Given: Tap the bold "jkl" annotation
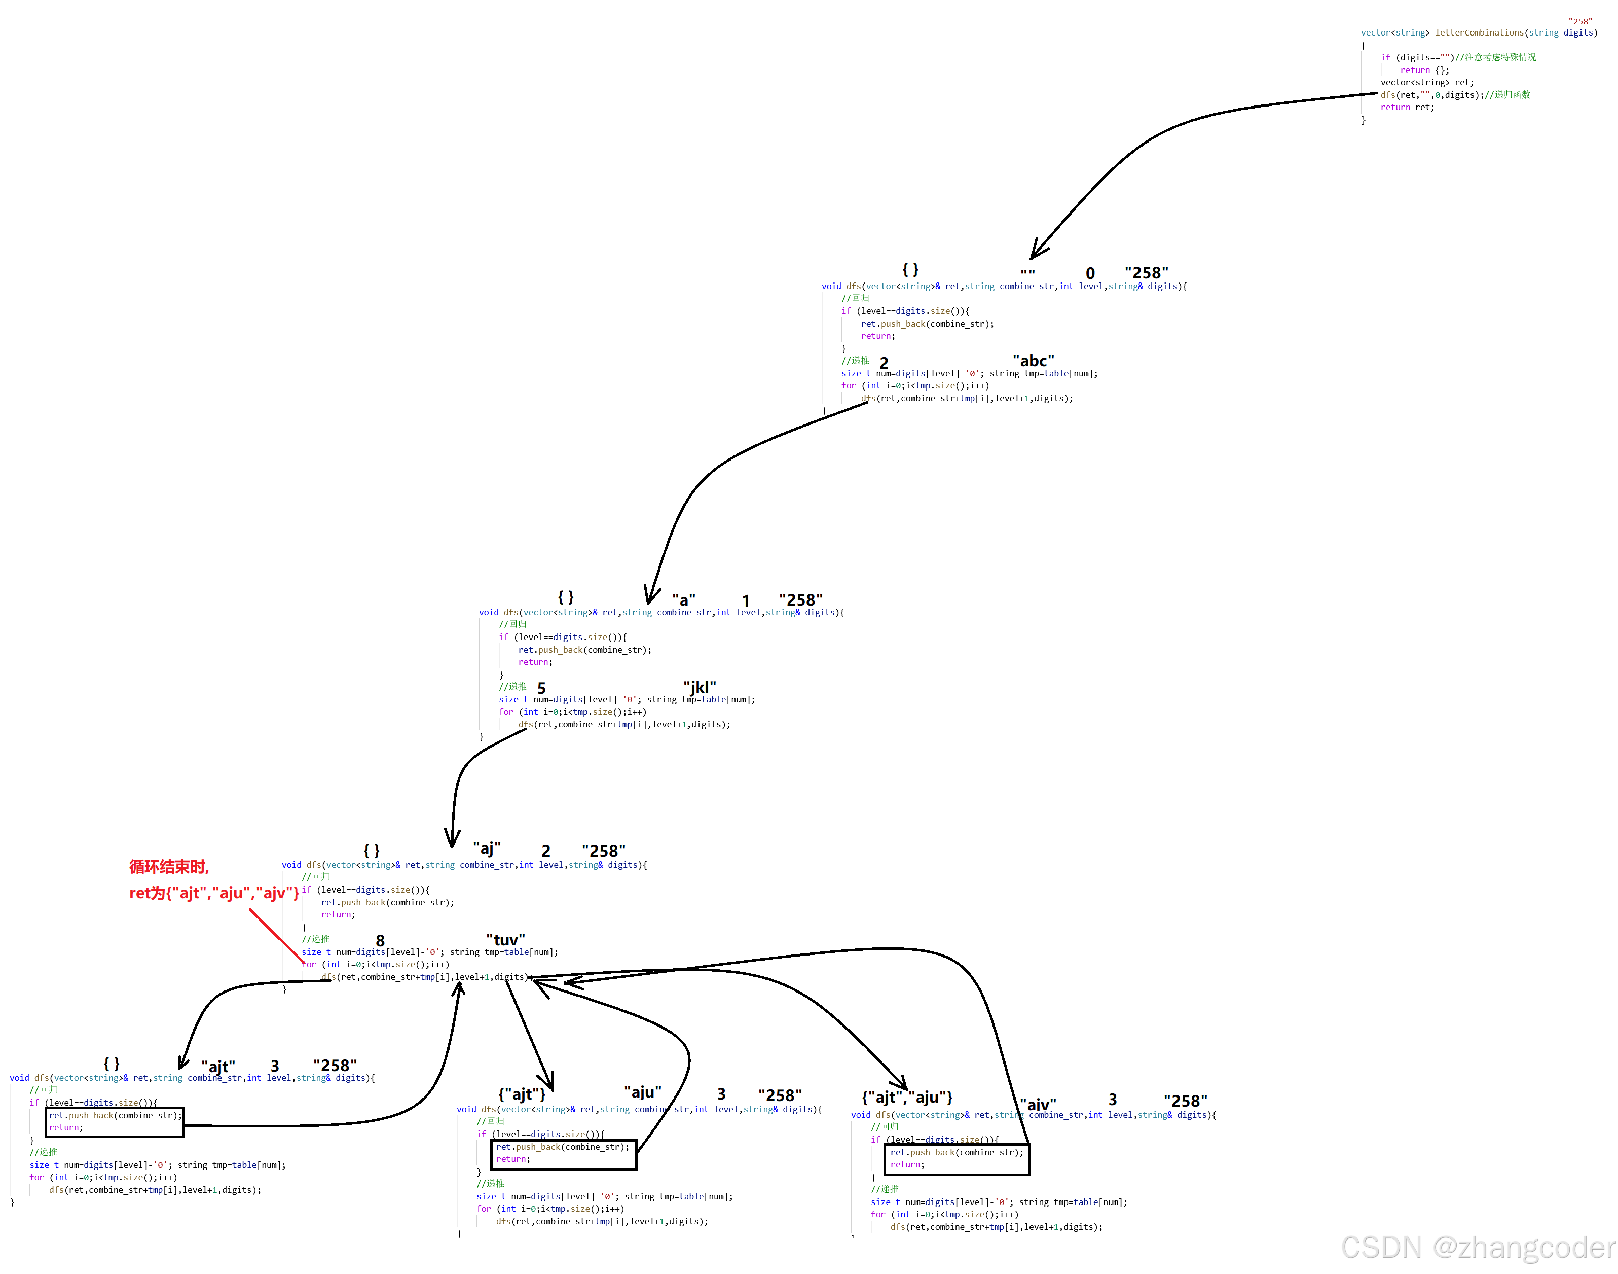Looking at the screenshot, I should pos(700,687).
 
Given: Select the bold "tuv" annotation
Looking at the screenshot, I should pos(505,940).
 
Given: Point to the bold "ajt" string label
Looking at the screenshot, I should pos(218,1066).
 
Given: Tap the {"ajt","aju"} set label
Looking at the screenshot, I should pos(907,1097).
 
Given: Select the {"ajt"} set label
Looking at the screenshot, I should pos(522,1094).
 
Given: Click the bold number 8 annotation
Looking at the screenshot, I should pos(380,941).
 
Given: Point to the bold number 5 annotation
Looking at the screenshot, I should pos(541,688).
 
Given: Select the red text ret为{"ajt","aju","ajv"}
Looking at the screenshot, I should pos(214,893).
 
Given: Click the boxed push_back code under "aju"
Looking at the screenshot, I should pos(563,1153).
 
